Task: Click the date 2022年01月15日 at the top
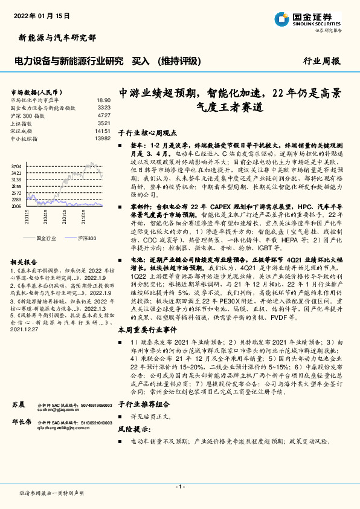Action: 41,14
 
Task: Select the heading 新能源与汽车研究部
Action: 54,37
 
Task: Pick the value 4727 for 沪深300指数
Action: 103,114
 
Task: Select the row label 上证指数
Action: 21,123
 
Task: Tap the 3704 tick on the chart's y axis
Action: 16,164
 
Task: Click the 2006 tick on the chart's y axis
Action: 16,206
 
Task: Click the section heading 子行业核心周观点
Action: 147,132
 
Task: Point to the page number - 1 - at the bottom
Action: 179,487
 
